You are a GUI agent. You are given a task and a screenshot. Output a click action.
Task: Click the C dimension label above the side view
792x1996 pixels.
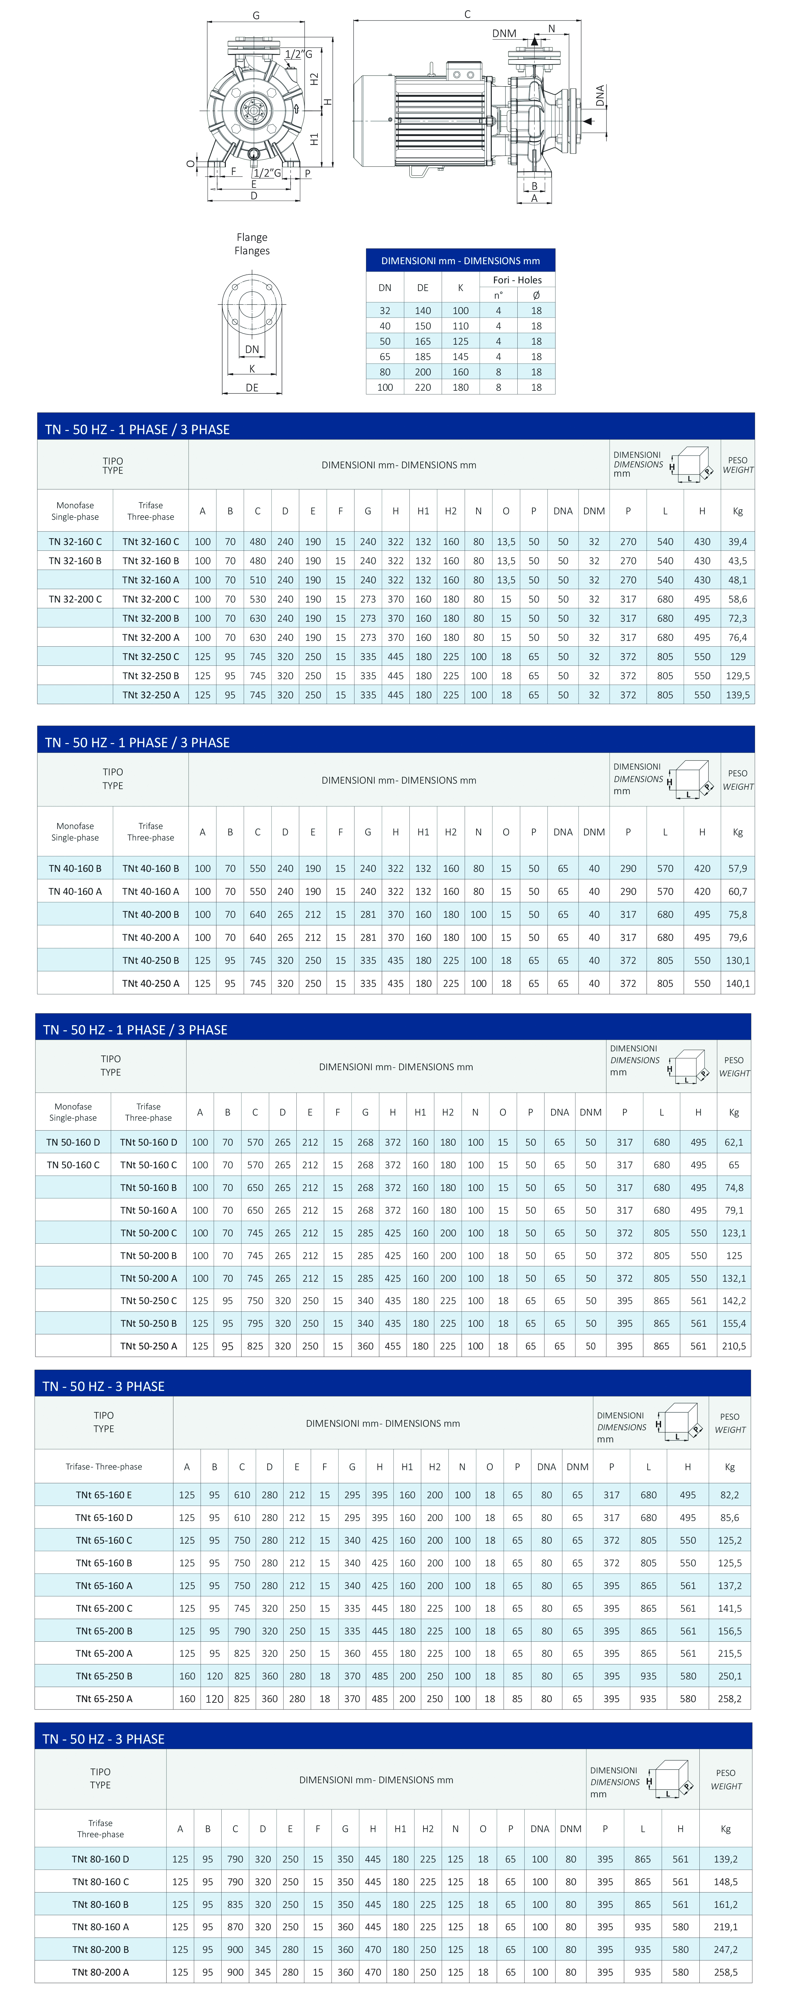coord(467,14)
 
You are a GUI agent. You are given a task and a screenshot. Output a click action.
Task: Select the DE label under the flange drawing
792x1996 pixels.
coord(252,388)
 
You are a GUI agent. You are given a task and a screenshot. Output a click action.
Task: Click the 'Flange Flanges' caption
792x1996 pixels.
coord(252,244)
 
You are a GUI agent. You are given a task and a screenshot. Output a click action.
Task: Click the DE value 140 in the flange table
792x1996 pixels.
coord(423,311)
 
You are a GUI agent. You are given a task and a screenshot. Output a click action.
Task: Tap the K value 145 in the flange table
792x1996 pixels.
coord(460,357)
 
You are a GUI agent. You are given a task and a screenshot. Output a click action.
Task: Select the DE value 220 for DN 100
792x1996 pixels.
coord(423,388)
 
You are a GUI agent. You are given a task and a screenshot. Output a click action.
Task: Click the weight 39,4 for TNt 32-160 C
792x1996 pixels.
coord(737,541)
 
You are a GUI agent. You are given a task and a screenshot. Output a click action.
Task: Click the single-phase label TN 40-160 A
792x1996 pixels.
coord(75,891)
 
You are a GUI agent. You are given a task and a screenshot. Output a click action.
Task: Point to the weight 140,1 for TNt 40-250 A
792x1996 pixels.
coord(737,983)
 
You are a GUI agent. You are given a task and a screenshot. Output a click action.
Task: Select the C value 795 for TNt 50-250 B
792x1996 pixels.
coord(255,1324)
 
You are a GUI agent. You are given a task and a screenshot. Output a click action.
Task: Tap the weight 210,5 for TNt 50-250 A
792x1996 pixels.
coord(733,1346)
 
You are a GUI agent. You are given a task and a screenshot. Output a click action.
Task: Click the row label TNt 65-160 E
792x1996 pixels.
coord(104,1495)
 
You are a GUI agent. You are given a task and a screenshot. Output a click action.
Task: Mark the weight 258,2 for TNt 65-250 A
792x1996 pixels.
coord(729,1699)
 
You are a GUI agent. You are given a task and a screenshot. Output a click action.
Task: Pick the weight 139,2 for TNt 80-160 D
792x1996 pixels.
coord(725,1859)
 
